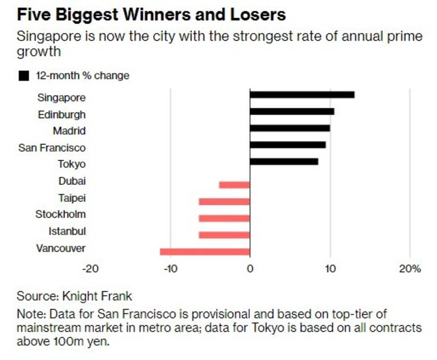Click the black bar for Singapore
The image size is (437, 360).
click(x=302, y=94)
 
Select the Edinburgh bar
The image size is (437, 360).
click(x=292, y=111)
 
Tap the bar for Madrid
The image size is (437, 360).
click(x=290, y=128)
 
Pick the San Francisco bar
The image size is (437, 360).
click(x=287, y=144)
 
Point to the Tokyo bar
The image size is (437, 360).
click(x=283, y=162)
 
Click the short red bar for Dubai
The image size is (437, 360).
click(x=234, y=184)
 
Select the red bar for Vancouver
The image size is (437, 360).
click(x=205, y=251)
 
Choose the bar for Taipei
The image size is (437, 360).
click(x=224, y=201)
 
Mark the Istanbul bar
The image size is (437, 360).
click(x=224, y=235)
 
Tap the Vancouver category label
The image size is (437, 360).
click(x=61, y=248)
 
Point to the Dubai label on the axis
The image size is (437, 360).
click(x=72, y=181)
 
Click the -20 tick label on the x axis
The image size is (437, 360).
click(x=90, y=268)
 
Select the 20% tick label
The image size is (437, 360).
click(x=410, y=268)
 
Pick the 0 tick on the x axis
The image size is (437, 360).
click(x=250, y=268)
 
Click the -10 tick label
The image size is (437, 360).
click(x=170, y=268)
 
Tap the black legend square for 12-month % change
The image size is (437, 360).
click(x=24, y=75)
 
